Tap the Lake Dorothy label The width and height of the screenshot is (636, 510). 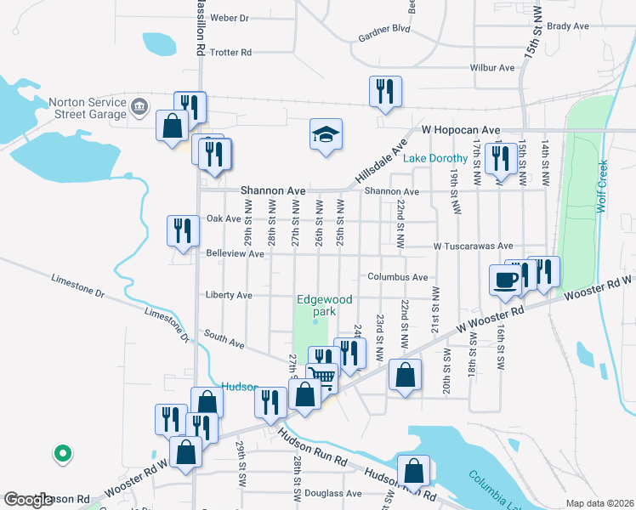(435, 159)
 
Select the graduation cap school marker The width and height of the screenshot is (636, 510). (326, 134)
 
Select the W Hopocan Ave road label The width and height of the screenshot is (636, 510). (460, 131)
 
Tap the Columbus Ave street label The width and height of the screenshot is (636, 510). (397, 277)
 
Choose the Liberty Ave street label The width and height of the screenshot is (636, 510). (229, 295)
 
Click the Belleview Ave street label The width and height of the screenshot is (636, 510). (229, 253)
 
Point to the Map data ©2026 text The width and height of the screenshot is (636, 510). (600, 503)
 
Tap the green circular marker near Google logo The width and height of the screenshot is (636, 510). (61, 454)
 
